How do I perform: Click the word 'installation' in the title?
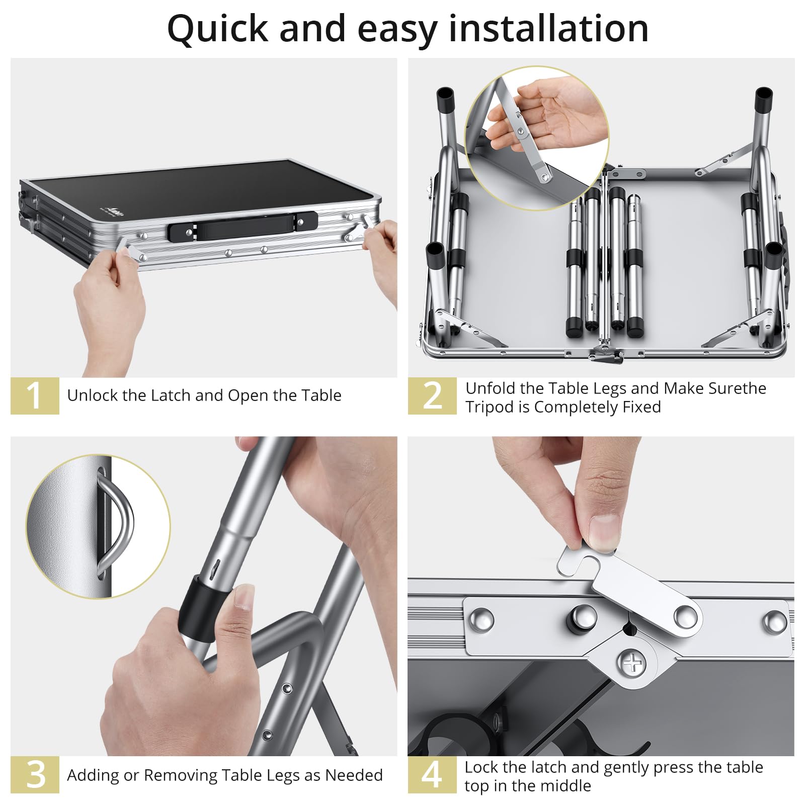tap(548, 28)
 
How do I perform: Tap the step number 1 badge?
tap(35, 396)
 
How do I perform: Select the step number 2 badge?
tap(432, 396)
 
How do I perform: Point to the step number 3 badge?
tap(35, 775)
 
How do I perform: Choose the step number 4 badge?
tap(432, 775)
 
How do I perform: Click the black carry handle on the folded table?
tap(243, 226)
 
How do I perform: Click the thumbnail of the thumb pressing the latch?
tap(602, 533)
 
